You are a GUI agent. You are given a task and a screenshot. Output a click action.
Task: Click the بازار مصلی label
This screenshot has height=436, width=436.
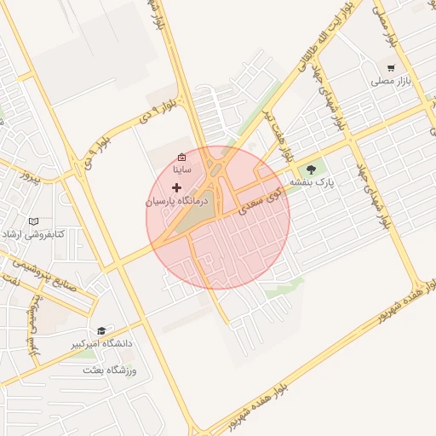point(390,83)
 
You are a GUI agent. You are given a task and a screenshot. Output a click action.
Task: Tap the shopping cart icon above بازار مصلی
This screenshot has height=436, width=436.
point(391,67)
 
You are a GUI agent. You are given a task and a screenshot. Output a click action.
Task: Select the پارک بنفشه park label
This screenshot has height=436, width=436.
point(313,182)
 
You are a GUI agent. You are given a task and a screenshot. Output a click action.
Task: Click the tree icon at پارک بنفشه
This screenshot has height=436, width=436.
point(310,168)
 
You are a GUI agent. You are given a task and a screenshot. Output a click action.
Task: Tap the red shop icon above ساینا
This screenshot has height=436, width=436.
point(181,157)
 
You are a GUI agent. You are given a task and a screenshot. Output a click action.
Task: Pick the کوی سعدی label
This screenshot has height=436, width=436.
point(261,201)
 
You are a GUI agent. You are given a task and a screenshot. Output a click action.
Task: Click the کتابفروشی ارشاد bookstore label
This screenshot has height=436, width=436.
point(35,233)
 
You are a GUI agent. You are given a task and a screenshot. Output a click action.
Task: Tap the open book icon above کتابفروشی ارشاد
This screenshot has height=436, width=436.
point(34,221)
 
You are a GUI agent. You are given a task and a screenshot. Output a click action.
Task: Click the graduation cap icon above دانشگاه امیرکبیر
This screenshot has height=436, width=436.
point(101,330)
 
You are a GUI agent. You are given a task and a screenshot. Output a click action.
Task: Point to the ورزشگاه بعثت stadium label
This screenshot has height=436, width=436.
point(110,370)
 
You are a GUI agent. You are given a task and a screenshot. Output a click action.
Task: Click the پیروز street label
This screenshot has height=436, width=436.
point(32,179)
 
